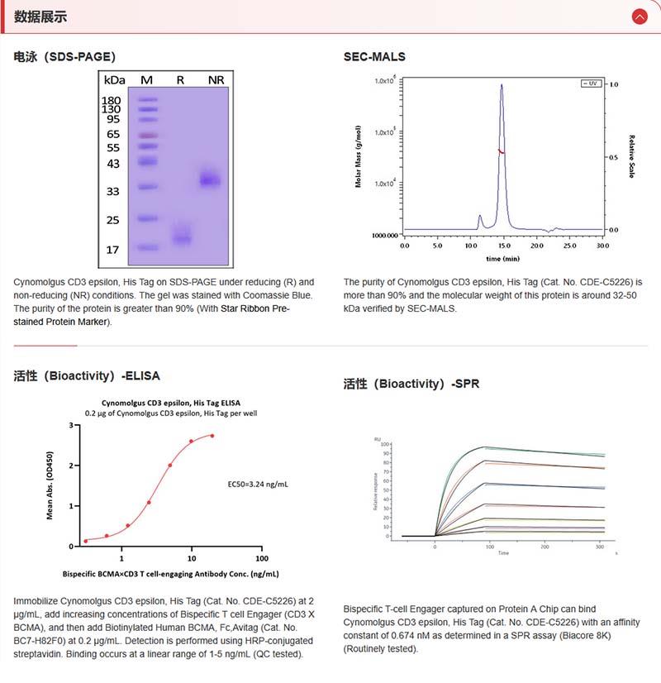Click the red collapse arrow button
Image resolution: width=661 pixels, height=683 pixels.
639,17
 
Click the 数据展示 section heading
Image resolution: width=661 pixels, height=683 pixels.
40,17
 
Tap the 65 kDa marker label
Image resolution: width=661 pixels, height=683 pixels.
113,134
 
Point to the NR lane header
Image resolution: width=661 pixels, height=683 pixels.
216,79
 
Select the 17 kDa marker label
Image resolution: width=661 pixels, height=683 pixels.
113,249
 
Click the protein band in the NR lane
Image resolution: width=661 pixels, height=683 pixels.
211,179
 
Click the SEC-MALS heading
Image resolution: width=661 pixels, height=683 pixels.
374,57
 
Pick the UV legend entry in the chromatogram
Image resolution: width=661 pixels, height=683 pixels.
590,84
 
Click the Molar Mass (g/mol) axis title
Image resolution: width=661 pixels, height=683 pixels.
359,156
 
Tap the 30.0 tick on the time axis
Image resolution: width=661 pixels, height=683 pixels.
602,246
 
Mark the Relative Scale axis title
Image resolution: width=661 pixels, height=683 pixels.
632,157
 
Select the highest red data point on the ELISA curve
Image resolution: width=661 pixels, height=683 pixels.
212,436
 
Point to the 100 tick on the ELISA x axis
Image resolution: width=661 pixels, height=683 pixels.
262,557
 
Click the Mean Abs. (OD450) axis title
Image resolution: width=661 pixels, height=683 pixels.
50,485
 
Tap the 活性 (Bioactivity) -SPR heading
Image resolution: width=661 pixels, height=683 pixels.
411,384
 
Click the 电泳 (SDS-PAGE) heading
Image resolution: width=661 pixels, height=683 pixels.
64,57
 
